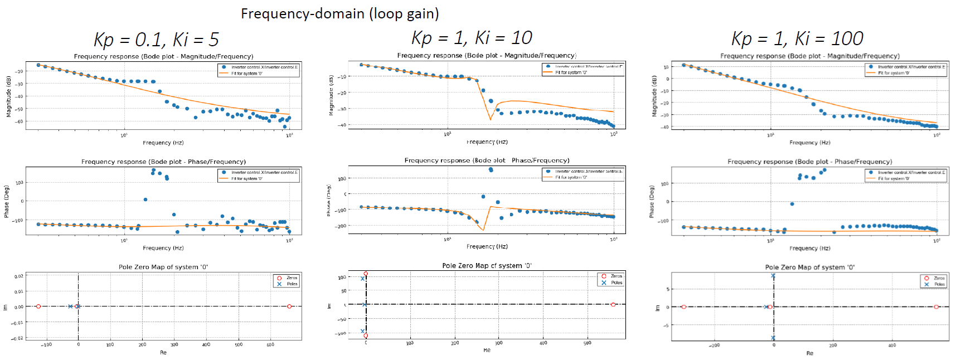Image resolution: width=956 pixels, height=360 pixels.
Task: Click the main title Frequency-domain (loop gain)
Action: (x=339, y=13)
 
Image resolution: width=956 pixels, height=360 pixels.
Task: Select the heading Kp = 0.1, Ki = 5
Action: (x=156, y=40)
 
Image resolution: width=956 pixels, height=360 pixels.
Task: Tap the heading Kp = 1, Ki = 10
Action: (x=472, y=38)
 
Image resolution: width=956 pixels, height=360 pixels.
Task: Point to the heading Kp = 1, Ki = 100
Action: (x=797, y=38)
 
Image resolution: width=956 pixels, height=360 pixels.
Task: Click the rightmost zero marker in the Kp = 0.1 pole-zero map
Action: (x=289, y=307)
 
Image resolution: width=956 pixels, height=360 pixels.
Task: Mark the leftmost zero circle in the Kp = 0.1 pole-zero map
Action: (x=38, y=307)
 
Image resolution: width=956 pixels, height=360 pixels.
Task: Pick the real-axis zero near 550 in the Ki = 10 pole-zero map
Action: (x=613, y=304)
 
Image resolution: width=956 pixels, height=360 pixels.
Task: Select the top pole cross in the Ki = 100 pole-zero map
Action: (x=773, y=276)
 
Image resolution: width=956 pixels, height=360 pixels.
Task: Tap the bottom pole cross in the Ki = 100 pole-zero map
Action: (x=773, y=338)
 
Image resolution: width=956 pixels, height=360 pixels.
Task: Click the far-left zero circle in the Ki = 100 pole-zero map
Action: (x=684, y=307)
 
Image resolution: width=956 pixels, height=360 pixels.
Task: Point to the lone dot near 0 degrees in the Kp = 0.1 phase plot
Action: (x=145, y=200)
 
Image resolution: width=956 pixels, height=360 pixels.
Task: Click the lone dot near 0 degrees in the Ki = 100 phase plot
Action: (x=792, y=204)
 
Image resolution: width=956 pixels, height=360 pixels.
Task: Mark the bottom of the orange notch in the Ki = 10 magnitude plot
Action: (x=491, y=119)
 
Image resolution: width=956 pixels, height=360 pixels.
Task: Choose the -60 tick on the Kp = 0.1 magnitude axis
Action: (x=20, y=121)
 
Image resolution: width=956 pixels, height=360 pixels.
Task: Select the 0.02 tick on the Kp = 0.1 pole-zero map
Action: (x=19, y=276)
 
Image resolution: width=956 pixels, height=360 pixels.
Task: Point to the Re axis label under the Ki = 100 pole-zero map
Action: (x=809, y=353)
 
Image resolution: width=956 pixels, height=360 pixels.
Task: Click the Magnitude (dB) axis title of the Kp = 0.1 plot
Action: (x=8, y=96)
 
